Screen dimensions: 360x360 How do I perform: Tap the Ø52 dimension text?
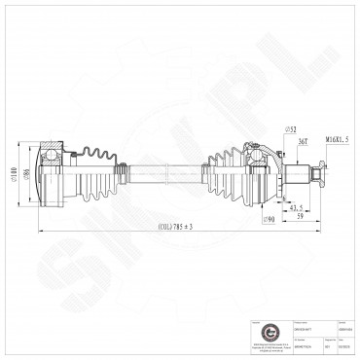point(264,130)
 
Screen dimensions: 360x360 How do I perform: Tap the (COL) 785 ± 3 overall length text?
point(175,227)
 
